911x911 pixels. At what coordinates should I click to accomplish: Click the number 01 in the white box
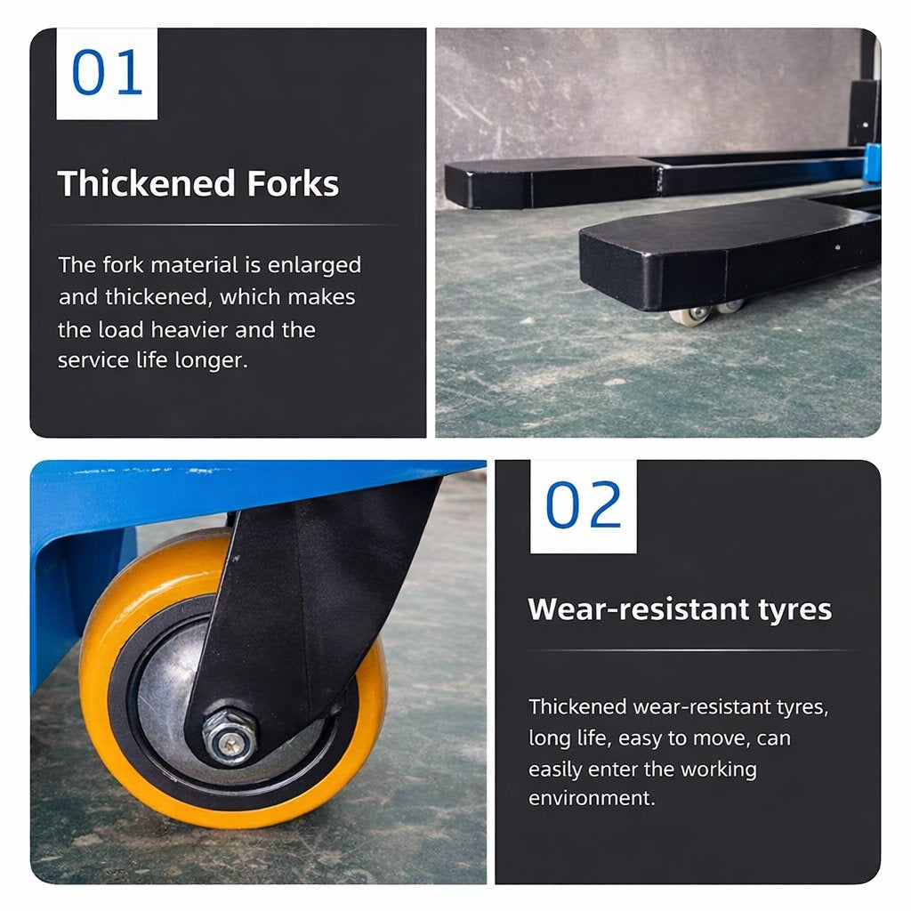[x=107, y=72]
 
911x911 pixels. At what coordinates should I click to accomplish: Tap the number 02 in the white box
[x=584, y=504]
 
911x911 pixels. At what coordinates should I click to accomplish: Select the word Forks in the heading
[x=293, y=183]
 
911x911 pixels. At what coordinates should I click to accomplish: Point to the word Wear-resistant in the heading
[x=638, y=609]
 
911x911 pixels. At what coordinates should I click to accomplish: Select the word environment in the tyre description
[x=592, y=798]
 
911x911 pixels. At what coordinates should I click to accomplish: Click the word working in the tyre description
[x=719, y=770]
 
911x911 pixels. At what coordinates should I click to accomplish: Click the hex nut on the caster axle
[x=230, y=735]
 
